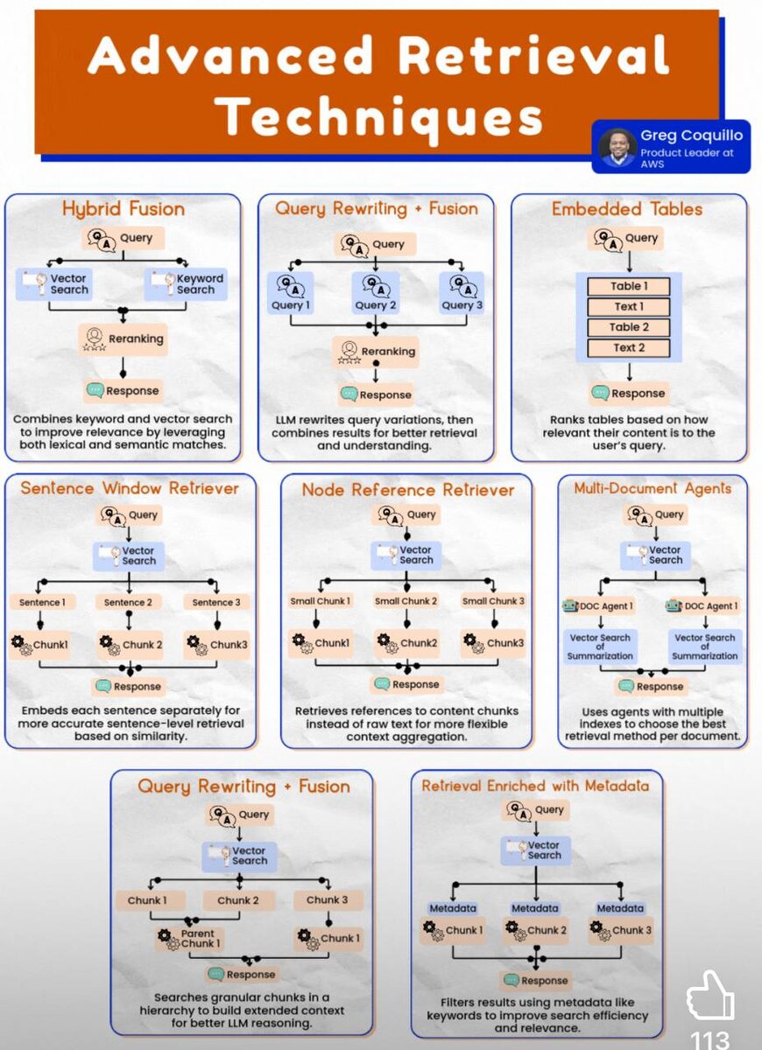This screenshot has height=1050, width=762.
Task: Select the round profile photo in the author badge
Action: [617, 148]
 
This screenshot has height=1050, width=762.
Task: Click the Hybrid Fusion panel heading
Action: [123, 209]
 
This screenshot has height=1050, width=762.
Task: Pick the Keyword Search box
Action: [186, 283]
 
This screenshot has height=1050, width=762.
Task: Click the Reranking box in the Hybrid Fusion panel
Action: [123, 339]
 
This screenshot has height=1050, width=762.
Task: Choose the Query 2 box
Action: [376, 292]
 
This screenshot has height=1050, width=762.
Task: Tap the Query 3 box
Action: [462, 292]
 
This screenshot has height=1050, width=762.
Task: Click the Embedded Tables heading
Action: [627, 209]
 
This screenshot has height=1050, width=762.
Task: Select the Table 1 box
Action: [629, 286]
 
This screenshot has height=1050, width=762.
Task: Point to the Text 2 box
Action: [629, 347]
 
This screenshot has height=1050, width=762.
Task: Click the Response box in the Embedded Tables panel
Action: [628, 393]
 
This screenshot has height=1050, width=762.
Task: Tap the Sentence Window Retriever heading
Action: [130, 488]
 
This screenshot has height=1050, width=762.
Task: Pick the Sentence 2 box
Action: [128, 602]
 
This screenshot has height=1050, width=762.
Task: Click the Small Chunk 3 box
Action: [493, 601]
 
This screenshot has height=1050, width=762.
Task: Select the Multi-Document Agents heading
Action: [653, 488]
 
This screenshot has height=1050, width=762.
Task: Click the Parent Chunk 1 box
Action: [190, 939]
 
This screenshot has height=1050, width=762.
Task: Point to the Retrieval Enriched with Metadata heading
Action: [536, 786]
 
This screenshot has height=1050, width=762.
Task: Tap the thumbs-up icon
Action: [709, 997]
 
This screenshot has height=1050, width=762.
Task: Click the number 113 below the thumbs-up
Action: [710, 1039]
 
